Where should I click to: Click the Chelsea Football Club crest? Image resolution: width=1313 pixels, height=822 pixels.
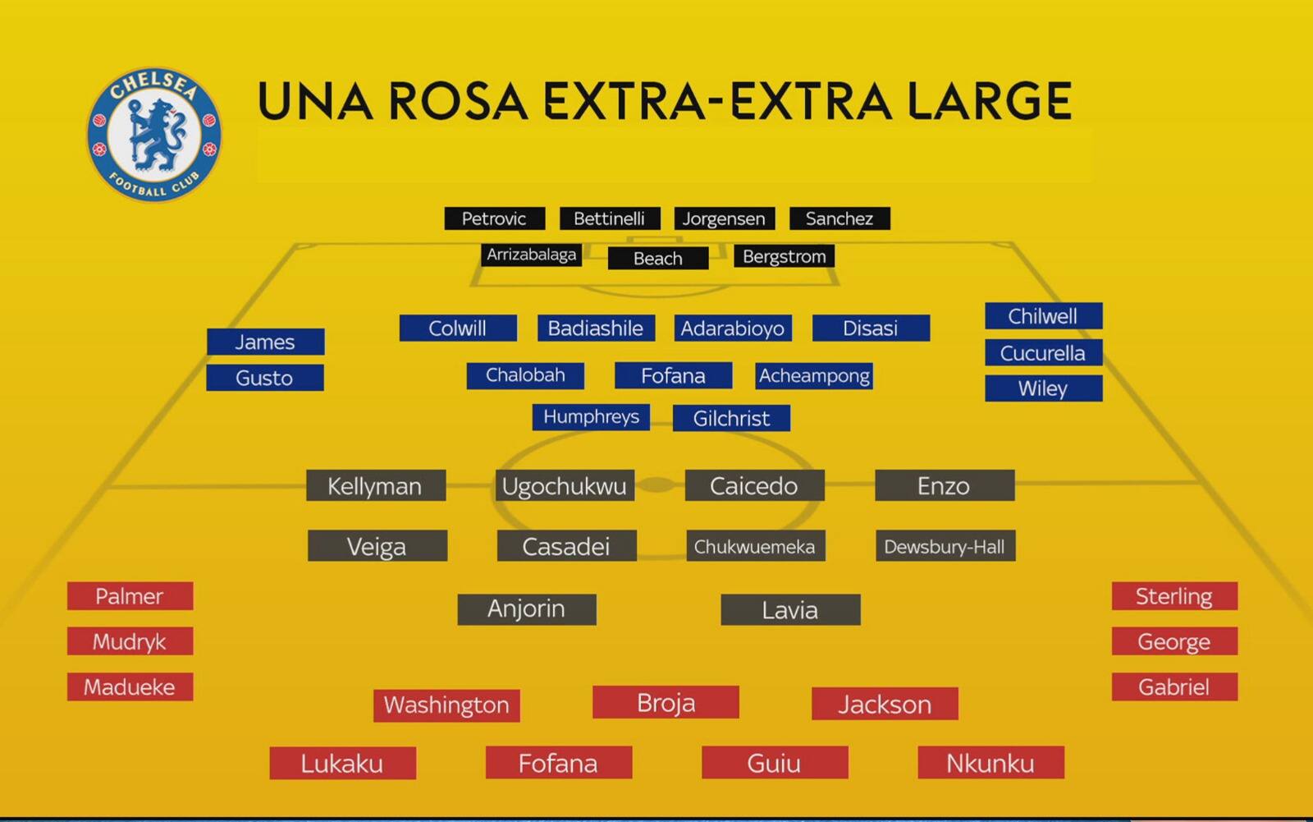coord(155,135)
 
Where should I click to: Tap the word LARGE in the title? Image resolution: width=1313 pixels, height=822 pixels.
coord(990,101)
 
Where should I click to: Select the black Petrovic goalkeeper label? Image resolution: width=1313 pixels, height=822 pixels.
coord(495,218)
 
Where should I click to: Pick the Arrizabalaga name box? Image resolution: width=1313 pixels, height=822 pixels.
coord(532,255)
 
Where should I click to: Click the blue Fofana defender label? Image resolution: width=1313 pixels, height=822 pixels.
coord(674,375)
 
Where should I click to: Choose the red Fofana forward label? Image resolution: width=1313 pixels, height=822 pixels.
coord(559,763)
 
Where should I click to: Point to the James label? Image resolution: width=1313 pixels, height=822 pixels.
coord(266,342)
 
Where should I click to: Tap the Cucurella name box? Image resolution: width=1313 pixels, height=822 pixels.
coord(1043,352)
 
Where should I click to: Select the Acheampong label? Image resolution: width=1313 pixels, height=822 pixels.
coord(814,375)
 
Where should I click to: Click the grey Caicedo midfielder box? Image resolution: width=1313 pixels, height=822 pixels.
coord(754,485)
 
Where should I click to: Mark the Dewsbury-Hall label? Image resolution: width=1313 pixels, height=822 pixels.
coord(945,545)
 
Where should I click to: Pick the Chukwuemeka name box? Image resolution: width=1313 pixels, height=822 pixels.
coord(756,545)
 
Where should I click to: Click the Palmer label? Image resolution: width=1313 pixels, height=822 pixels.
coord(130,596)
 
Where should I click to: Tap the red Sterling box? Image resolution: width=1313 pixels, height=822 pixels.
coord(1174,596)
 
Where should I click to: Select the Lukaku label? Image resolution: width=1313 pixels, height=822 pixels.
coord(343,763)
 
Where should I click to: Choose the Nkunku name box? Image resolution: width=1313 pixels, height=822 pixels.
coord(990,763)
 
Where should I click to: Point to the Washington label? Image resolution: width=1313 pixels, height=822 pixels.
coord(446,705)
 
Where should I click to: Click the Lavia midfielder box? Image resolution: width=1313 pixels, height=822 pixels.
coord(791,609)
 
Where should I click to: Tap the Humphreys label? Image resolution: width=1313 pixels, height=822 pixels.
coord(591,416)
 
